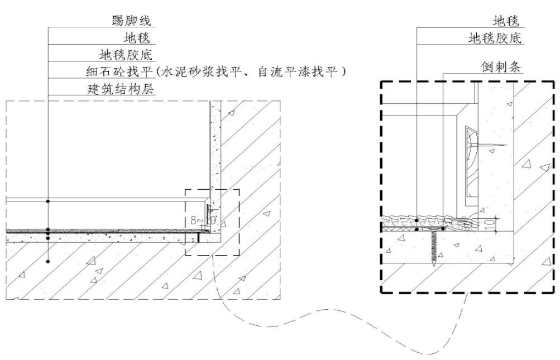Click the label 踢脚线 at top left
click(x=132, y=21)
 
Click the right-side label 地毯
click(x=506, y=21)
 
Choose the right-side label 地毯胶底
click(x=495, y=38)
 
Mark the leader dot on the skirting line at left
click(x=49, y=200)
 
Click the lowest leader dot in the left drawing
click(x=49, y=261)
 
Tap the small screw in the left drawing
click(x=198, y=238)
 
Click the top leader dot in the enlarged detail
click(x=417, y=220)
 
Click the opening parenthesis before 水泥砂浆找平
click(x=160, y=71)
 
